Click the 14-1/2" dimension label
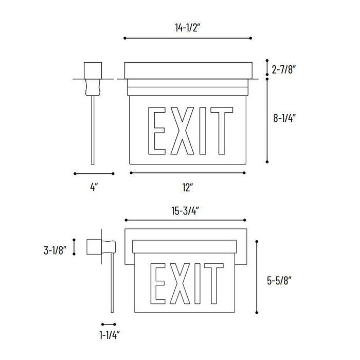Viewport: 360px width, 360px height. tap(187, 29)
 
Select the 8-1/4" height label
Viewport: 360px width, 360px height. tap(284, 117)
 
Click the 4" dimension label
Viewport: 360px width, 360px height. tap(94, 188)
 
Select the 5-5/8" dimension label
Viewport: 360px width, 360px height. tap(280, 281)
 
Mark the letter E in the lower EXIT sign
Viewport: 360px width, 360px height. tap(159, 283)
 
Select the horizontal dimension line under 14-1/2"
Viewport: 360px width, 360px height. tap(188, 38)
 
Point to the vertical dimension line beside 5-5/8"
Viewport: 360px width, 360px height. tap(258, 277)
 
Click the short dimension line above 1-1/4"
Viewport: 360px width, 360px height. tap(109, 325)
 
